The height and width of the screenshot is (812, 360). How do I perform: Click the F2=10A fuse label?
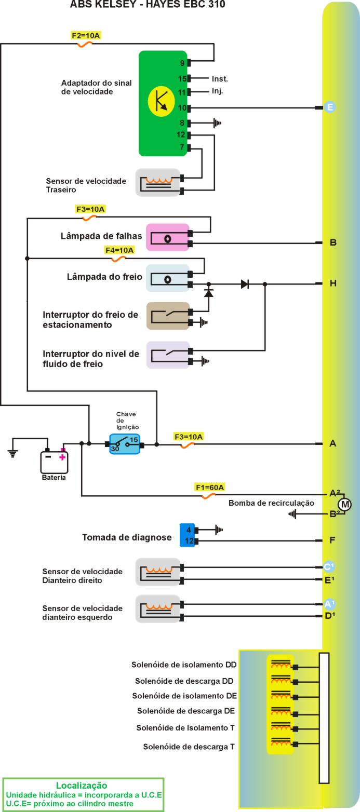pyautogui.click(x=86, y=36)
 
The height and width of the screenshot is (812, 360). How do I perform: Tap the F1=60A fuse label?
pyautogui.click(x=210, y=487)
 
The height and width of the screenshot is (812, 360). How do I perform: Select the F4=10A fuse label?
pyautogui.click(x=119, y=250)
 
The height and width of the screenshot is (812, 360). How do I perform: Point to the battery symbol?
pyautogui.click(x=54, y=462)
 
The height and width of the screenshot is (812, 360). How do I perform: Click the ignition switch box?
pyautogui.click(x=125, y=444)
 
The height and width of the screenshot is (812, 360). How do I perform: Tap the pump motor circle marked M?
pyautogui.click(x=344, y=504)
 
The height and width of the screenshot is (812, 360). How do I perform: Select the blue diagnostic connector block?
pyautogui.click(x=187, y=535)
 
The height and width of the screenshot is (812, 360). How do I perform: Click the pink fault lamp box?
pyautogui.click(x=167, y=238)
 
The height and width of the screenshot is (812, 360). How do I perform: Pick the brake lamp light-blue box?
pyautogui.click(x=167, y=278)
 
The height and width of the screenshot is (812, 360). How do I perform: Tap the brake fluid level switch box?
pyautogui.click(x=167, y=355)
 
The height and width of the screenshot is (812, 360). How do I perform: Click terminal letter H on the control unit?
pyautogui.click(x=333, y=283)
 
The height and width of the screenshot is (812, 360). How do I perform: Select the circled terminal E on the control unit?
pyautogui.click(x=329, y=107)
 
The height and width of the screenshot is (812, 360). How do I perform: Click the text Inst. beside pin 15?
pyautogui.click(x=220, y=79)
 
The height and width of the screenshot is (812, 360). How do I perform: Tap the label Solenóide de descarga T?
pyautogui.click(x=189, y=747)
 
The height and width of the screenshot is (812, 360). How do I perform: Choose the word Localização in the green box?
pyautogui.click(x=82, y=786)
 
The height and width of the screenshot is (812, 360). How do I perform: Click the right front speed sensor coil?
pyautogui.click(x=158, y=572)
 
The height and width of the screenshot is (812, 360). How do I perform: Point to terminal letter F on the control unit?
pyautogui.click(x=332, y=540)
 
